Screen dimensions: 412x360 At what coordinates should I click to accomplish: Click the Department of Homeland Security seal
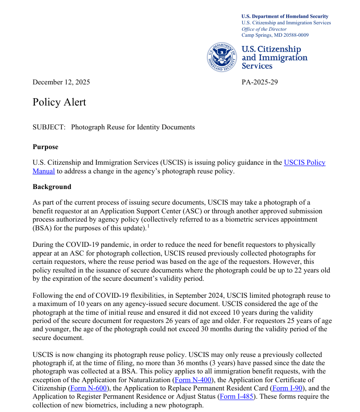point(222,57)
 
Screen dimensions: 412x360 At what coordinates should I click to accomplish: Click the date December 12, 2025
point(61,82)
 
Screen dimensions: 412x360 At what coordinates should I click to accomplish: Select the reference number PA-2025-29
point(260,82)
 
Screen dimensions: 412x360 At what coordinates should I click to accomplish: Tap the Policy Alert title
point(59,102)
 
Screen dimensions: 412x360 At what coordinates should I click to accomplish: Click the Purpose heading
point(45,147)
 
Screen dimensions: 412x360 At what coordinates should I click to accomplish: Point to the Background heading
point(52,187)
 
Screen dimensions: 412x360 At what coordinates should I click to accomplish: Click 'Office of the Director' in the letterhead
point(264,29)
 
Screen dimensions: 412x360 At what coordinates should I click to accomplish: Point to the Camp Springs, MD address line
point(275,35)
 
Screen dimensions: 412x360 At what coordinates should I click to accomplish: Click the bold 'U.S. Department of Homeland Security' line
point(285,17)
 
